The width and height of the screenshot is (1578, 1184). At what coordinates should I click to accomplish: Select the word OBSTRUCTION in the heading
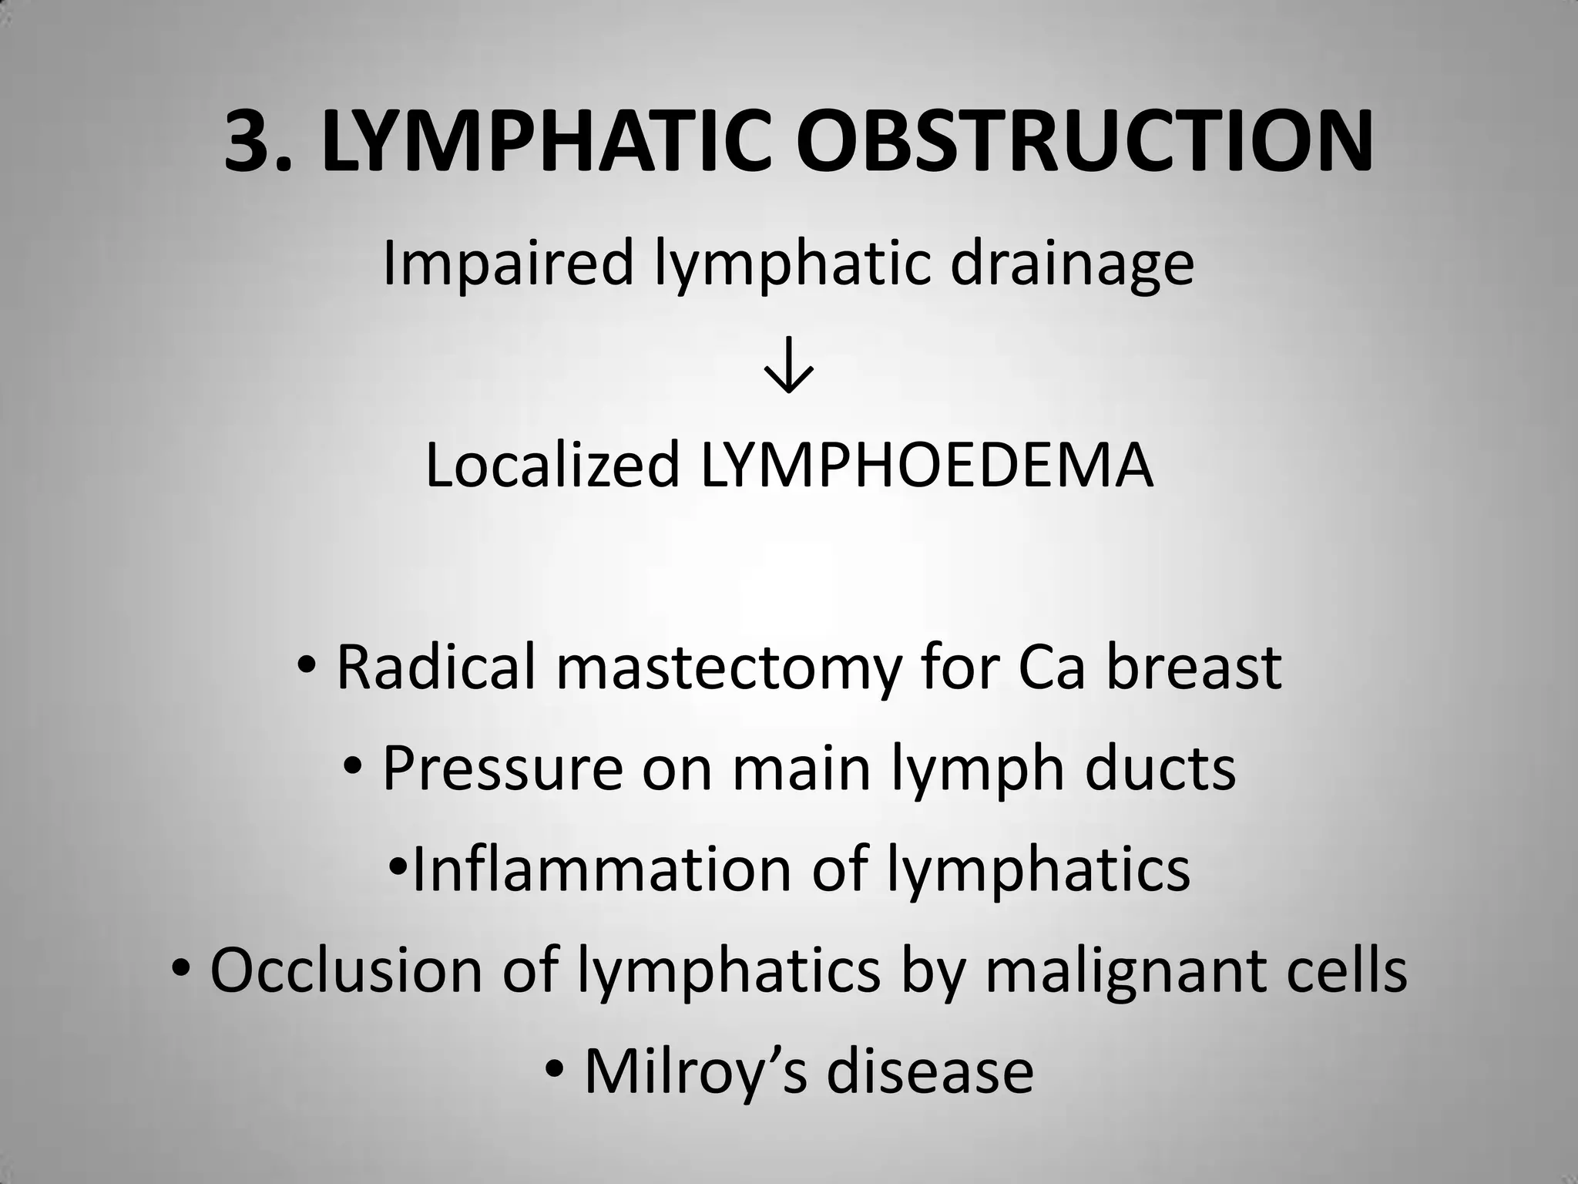click(x=1084, y=142)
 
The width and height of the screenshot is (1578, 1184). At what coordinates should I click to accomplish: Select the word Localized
click(x=552, y=466)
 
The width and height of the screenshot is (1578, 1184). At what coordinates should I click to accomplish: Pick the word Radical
click(x=436, y=668)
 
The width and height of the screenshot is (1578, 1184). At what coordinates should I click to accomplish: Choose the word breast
click(x=1194, y=668)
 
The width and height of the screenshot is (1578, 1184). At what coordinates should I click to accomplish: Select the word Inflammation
click(x=601, y=869)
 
